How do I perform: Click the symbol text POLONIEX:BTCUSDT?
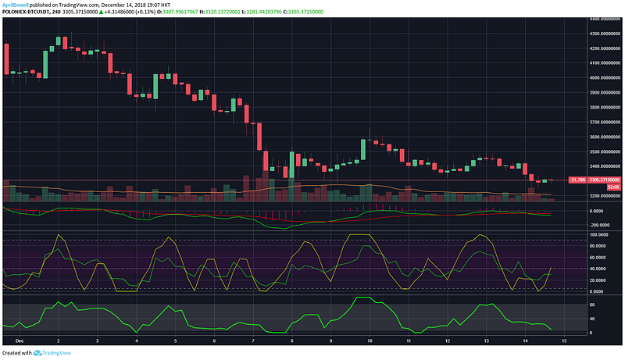pyautogui.click(x=24, y=12)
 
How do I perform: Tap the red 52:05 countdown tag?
pyautogui.click(x=591, y=187)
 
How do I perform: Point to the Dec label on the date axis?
pyautogui.click(x=20, y=341)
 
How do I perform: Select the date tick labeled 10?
pyautogui.click(x=369, y=341)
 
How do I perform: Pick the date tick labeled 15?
pyautogui.click(x=563, y=341)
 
